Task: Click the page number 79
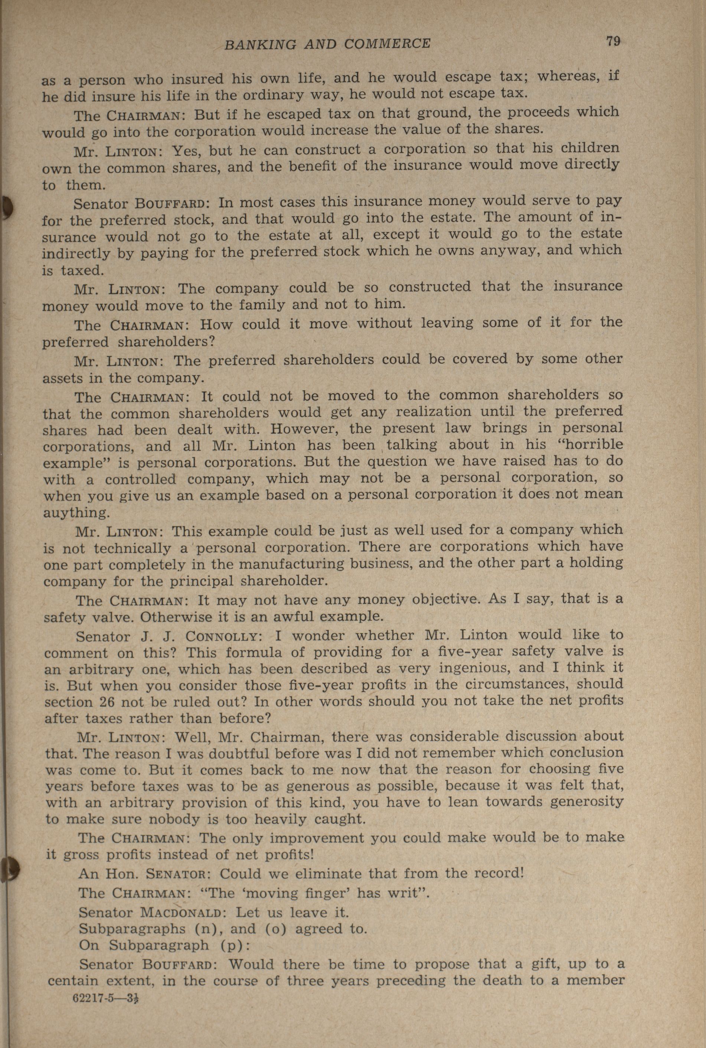pyautogui.click(x=613, y=42)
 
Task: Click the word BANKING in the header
pyautogui.click(x=260, y=44)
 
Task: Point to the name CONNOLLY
pyautogui.click(x=222, y=637)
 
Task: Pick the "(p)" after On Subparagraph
pyautogui.click(x=235, y=945)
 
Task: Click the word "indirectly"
pyautogui.click(x=76, y=253)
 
